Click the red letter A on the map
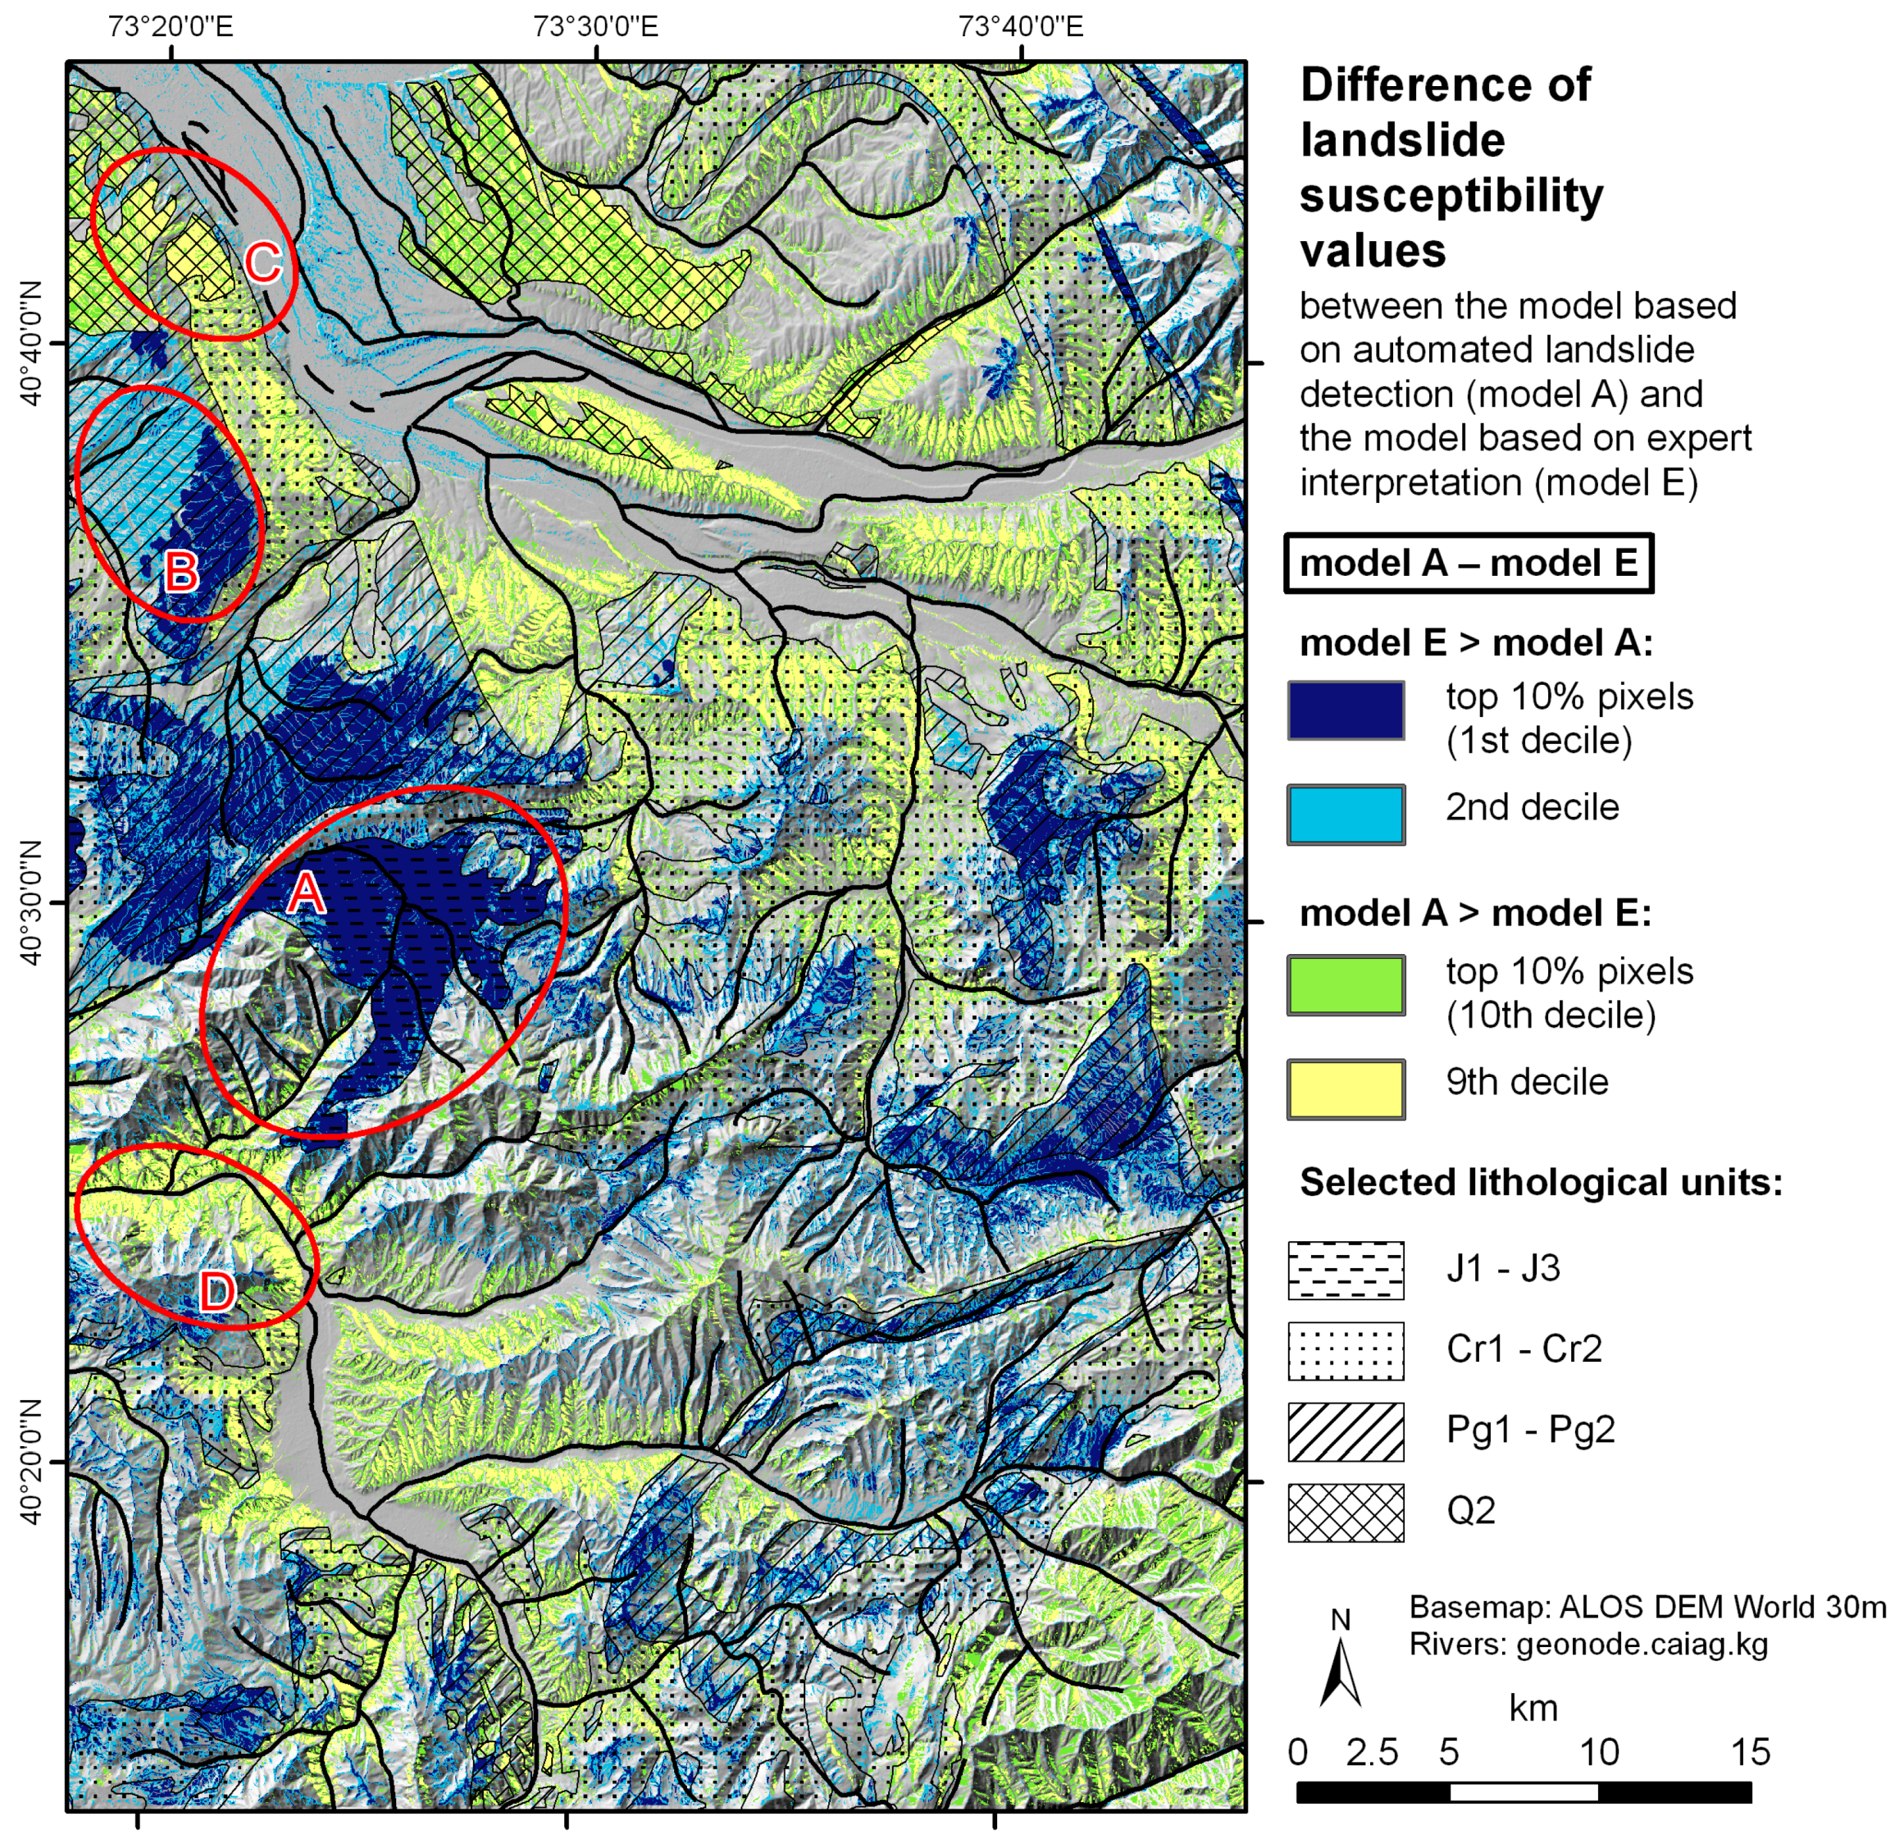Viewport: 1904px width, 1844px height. coord(305,891)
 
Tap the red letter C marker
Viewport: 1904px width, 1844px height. coord(262,262)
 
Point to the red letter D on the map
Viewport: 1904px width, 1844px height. coord(216,1291)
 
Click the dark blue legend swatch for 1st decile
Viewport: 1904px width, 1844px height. coord(1346,710)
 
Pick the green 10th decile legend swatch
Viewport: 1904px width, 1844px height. coord(1346,985)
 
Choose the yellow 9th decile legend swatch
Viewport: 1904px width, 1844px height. coord(1346,1089)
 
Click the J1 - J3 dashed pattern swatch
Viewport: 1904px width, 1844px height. coord(1346,1270)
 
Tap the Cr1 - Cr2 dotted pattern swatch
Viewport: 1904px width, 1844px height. coord(1346,1350)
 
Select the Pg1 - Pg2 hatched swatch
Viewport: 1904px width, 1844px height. coord(1346,1431)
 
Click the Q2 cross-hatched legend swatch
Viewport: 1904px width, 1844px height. coord(1346,1512)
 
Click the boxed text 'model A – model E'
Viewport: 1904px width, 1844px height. coord(1468,563)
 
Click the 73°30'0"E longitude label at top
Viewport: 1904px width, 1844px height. coord(594,26)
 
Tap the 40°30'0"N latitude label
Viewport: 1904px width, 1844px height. coord(31,902)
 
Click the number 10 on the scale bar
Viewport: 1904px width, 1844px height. coord(1598,1750)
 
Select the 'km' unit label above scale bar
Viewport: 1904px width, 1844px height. coord(1532,1707)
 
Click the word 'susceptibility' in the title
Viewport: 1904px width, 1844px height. coord(1451,195)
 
